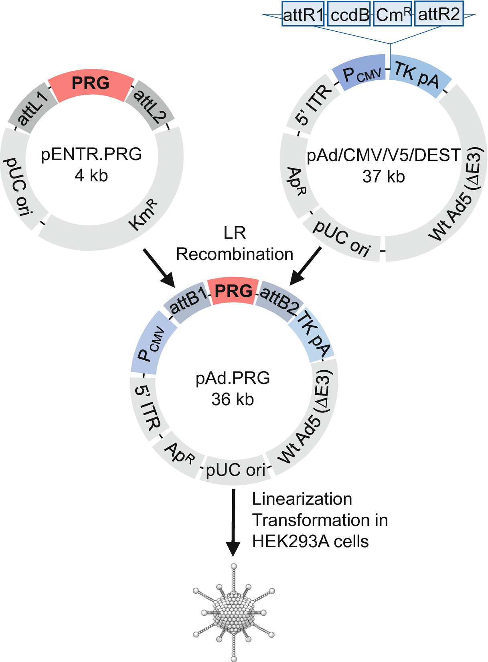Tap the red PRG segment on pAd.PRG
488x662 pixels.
tap(234, 290)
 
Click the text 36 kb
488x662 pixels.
tap(233, 400)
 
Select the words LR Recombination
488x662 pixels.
tap(235, 244)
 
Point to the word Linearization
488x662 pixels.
tap(302, 499)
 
